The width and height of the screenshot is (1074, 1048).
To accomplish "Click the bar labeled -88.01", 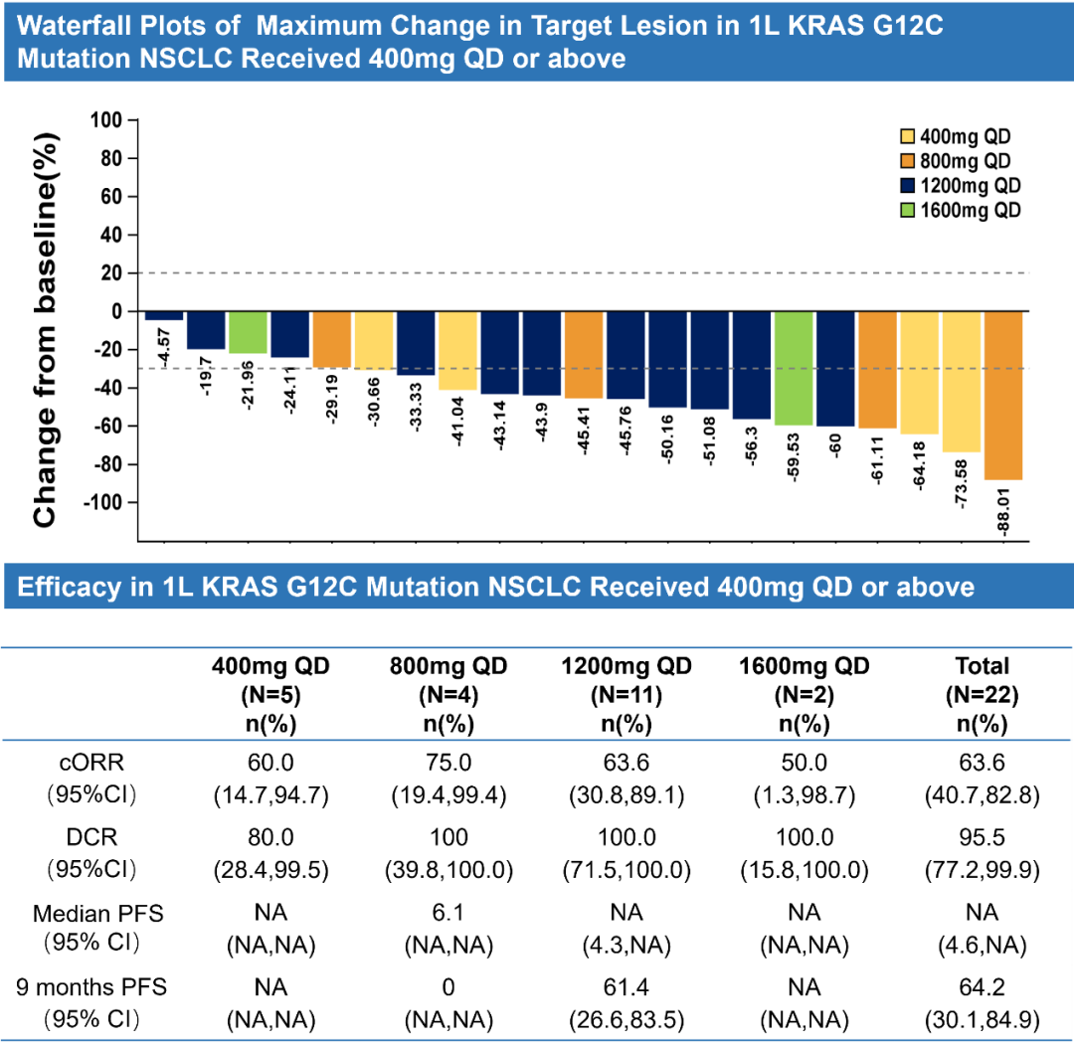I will coord(1002,395).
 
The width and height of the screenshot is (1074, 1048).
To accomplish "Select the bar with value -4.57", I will coord(164,316).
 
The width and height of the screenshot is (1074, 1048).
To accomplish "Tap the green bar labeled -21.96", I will coord(248,332).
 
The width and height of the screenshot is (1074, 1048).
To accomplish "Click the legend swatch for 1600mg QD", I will coord(909,210).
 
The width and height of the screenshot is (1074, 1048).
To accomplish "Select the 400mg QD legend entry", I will coord(954,138).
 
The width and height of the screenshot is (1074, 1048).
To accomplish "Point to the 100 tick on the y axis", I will coord(104,120).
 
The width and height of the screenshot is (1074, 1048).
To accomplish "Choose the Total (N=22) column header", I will coord(982,691).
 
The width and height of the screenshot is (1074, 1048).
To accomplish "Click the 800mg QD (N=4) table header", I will coord(448,691).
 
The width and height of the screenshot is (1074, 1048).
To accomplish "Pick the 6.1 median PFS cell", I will coord(448,913).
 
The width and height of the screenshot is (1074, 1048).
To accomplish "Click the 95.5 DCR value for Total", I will coord(982,837).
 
